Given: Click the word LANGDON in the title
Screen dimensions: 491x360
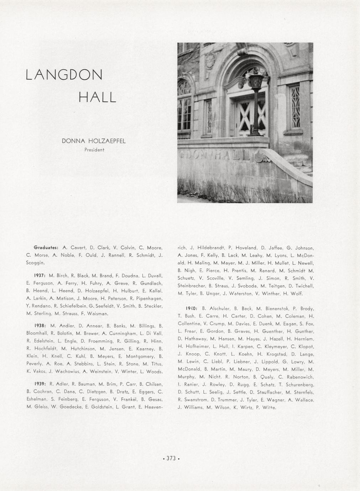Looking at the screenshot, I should (x=64, y=75).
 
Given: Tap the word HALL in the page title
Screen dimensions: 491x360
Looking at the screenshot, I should (x=97, y=97).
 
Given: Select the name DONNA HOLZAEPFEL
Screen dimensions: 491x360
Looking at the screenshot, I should (x=94, y=141).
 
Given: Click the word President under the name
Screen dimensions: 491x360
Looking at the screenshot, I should (x=94, y=150).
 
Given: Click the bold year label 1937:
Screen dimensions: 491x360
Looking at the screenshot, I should (x=39, y=275).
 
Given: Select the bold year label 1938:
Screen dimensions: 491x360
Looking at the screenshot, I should (x=40, y=326).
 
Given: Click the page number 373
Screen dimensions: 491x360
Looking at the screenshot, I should (x=171, y=458).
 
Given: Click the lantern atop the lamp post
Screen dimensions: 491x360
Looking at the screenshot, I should (x=256, y=81).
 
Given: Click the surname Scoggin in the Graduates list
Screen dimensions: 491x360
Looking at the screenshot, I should (x=35, y=263).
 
